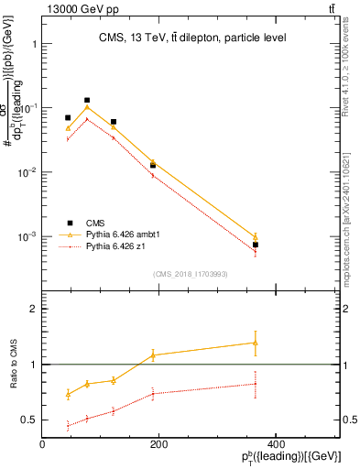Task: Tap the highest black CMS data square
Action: tap(87, 100)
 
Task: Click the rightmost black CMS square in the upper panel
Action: tap(256, 245)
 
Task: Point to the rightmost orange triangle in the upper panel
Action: tap(256, 236)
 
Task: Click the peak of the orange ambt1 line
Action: tap(87, 107)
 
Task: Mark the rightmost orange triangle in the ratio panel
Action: tap(256, 343)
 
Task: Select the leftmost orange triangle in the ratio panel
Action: tap(68, 394)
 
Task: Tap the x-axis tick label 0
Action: tap(42, 444)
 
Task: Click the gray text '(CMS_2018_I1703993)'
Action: tap(191, 273)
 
